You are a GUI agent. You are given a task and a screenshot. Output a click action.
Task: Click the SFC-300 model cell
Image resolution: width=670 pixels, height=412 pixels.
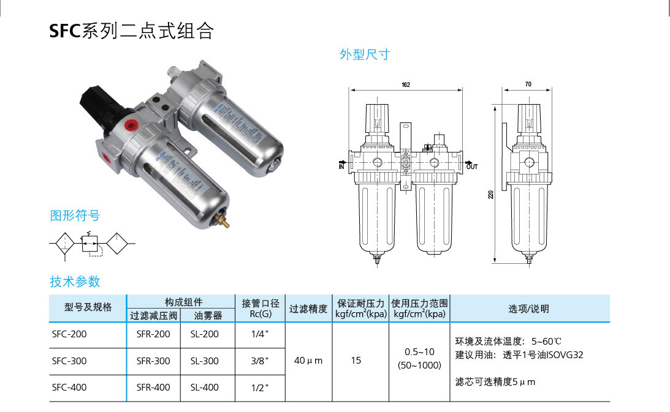tap(69, 361)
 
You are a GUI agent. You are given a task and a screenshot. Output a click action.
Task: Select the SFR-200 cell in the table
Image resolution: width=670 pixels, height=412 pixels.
tap(153, 334)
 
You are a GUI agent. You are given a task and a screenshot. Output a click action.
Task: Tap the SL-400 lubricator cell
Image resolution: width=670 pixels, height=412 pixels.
tap(204, 388)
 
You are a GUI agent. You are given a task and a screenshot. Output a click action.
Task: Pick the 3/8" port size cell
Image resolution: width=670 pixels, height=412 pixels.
tap(260, 361)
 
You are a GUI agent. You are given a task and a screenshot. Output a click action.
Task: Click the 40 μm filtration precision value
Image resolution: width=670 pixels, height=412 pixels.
tap(308, 361)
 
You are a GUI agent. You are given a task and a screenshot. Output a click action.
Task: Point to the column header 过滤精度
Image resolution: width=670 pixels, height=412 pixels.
tap(308, 309)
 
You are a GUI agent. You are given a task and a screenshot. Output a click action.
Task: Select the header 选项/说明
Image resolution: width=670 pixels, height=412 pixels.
tap(529, 309)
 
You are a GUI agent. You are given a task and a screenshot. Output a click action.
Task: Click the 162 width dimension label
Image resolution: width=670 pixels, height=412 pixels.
tap(405, 85)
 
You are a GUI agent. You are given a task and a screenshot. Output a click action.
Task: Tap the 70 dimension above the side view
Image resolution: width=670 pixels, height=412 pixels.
tap(528, 85)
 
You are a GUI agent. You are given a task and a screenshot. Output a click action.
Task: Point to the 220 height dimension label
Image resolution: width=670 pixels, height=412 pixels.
tap(490, 195)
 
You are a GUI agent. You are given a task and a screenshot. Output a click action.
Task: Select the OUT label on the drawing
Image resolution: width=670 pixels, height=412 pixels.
tap(471, 167)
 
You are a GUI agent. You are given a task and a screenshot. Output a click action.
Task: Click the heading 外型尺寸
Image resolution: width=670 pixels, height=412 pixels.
tap(365, 54)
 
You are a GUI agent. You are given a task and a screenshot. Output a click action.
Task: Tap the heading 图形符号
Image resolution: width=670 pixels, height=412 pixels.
tap(74, 215)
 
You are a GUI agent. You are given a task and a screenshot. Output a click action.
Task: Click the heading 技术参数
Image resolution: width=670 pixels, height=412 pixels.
tap(75, 282)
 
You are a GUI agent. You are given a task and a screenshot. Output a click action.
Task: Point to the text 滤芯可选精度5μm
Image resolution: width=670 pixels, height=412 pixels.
tap(495, 382)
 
